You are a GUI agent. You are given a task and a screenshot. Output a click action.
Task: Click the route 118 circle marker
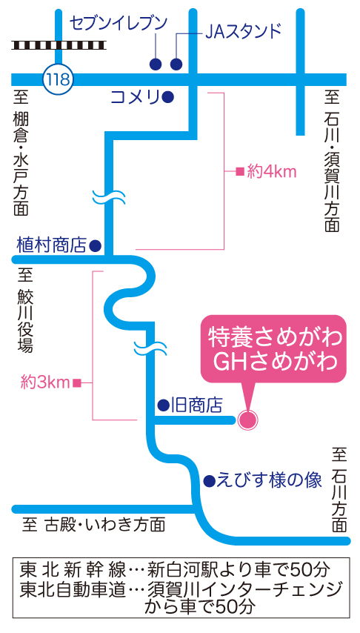point(58,79)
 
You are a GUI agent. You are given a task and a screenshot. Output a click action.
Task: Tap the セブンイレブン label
point(118,24)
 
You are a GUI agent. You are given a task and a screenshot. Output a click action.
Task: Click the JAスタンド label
point(242,31)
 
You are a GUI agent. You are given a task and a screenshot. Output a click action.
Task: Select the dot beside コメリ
point(168,97)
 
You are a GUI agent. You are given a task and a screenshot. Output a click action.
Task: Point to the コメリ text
point(134,97)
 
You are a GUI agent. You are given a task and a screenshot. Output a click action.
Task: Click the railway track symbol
point(59,44)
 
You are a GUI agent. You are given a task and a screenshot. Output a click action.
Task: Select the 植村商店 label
point(52,245)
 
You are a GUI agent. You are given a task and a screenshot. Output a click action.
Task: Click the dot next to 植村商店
point(96,245)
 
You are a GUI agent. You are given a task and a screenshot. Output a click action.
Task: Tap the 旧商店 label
point(196,405)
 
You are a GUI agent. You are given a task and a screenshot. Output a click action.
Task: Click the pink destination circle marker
point(247,420)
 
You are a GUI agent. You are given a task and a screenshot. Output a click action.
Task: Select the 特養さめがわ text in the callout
point(274,337)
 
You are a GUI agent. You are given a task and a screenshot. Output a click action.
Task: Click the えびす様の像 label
point(269,480)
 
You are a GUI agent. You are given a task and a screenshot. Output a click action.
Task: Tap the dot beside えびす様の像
point(209,480)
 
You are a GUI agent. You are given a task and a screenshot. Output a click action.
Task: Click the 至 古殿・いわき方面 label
point(93,525)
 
